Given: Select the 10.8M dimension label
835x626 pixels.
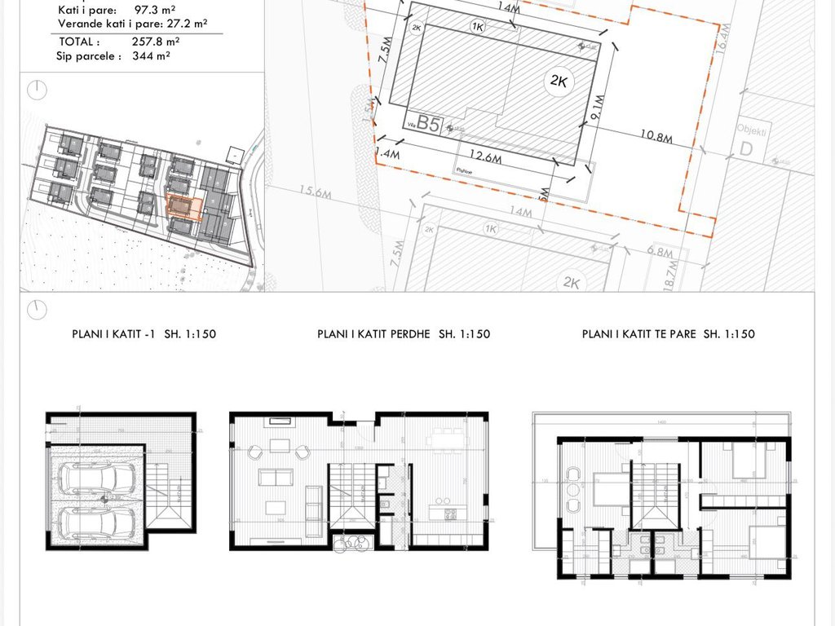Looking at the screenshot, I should click(x=656, y=137).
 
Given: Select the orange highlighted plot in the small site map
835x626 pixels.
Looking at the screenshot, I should click(x=183, y=207).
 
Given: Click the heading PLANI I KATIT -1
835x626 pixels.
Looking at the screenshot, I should click(x=144, y=334).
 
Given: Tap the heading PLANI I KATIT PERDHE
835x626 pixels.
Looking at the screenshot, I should click(x=404, y=334).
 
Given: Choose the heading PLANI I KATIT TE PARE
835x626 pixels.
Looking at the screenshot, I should click(x=669, y=334).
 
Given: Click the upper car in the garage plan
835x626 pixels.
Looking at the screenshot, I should click(x=96, y=478).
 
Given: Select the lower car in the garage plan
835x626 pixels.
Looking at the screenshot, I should click(x=96, y=523).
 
